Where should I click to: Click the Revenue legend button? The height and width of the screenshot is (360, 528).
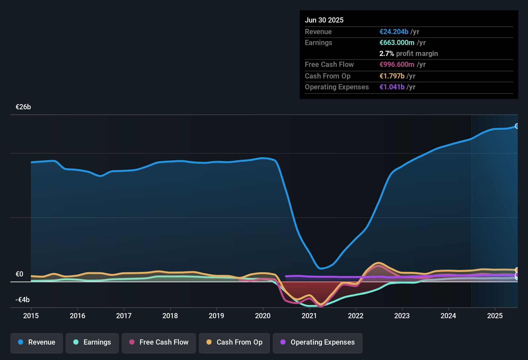point(37,342)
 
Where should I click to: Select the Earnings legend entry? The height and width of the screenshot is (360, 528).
point(92,342)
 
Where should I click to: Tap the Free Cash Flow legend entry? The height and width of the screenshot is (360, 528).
point(159,342)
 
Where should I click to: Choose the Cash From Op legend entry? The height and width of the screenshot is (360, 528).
point(234,342)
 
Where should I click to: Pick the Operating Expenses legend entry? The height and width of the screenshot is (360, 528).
point(318,342)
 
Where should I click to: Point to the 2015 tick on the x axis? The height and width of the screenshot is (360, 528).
point(31,316)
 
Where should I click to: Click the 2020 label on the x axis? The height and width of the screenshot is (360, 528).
point(263,316)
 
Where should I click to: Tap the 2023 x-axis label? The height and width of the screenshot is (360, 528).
point(402,316)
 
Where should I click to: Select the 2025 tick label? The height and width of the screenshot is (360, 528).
point(495,316)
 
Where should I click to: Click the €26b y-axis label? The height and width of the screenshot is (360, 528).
point(23,107)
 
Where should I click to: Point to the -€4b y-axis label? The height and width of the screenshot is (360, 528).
point(23,300)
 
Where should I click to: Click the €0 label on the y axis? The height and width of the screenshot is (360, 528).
point(20,274)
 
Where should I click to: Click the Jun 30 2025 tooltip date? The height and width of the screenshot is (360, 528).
point(324,20)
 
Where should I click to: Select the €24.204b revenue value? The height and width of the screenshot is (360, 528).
point(394,32)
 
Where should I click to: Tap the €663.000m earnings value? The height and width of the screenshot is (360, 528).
point(397,42)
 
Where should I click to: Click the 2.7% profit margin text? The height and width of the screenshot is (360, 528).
point(408,53)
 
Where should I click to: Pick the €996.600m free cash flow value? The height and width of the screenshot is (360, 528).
point(397,64)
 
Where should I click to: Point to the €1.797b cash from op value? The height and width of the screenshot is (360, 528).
point(392,76)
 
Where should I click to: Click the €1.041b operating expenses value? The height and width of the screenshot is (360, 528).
point(392,87)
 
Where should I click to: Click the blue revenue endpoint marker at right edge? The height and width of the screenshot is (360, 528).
point(517,126)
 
